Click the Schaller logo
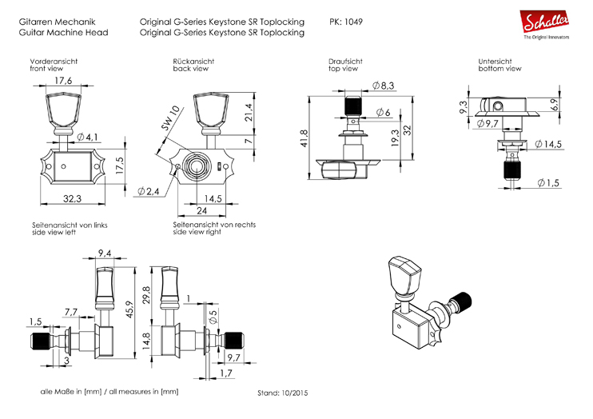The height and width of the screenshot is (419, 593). click(546, 24)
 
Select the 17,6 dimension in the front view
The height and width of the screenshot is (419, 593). click(64, 81)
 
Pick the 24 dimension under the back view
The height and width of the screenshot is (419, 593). click(202, 210)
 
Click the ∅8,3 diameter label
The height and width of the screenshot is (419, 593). click(384, 86)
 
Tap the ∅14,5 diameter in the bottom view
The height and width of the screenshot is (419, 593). click(549, 143)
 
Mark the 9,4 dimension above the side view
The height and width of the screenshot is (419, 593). click(105, 254)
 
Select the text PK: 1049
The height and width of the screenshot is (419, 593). click(346, 22)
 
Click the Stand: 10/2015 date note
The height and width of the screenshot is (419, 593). click(282, 393)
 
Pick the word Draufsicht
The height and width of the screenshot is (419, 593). click(345, 62)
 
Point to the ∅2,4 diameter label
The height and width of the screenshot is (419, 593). click(149, 191)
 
